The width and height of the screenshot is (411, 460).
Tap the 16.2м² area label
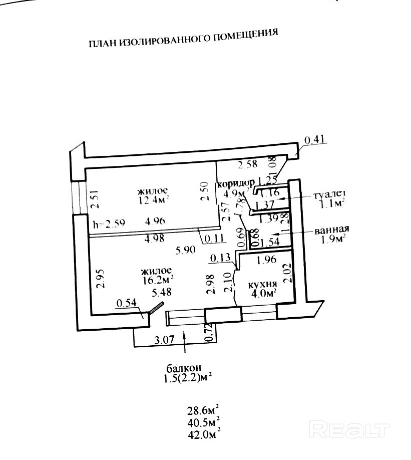(158, 277)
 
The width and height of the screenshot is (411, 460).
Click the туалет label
(329, 195)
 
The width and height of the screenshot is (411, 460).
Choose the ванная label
(331, 231)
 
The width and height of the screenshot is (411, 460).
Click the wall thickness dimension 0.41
(315, 140)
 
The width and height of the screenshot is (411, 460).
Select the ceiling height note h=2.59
(110, 222)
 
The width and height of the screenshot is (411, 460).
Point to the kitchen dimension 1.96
(266, 260)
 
